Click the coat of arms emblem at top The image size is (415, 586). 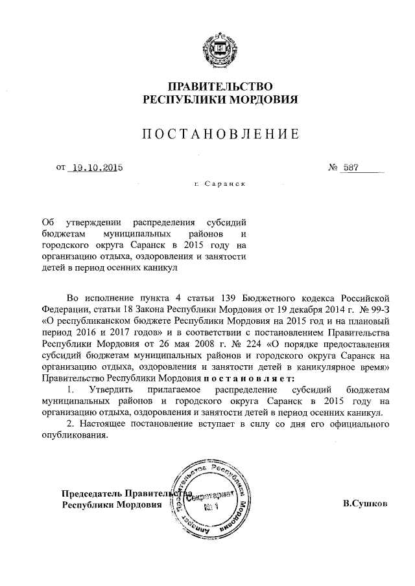[x=220, y=44]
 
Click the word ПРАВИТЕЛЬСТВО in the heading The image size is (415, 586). [x=220, y=87]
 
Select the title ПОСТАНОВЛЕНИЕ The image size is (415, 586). [x=220, y=135]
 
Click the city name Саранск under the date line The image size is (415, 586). [x=224, y=184]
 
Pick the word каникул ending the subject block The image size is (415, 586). [x=160, y=266]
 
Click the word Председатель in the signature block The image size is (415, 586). [x=89, y=491]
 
